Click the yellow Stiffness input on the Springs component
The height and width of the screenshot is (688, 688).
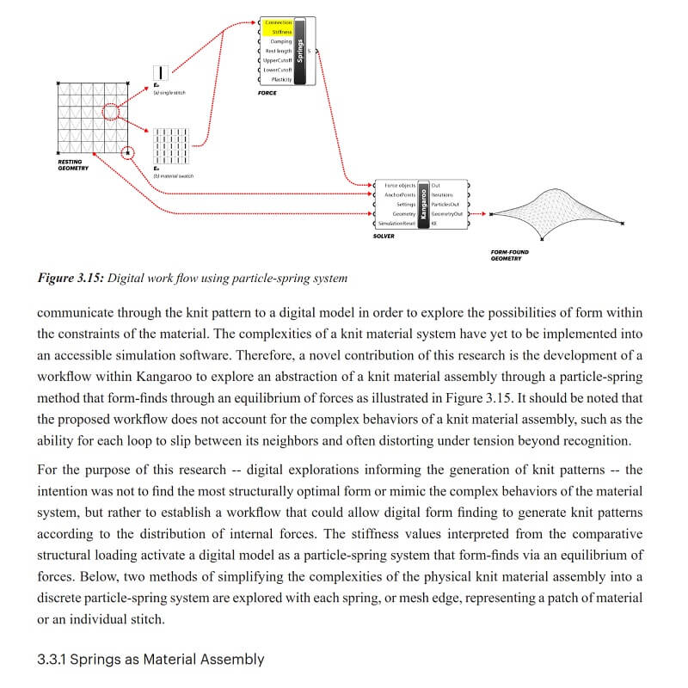[279, 32]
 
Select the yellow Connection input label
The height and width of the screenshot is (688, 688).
[278, 22]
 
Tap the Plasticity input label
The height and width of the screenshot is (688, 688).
[281, 79]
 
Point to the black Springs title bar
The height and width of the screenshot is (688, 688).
[300, 50]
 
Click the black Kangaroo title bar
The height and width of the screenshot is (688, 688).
[423, 204]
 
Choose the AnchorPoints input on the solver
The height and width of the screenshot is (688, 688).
[400, 194]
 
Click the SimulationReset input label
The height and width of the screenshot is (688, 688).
[397, 223]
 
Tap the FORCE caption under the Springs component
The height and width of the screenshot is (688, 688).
[267, 93]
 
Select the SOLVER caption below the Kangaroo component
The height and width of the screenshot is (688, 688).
[384, 236]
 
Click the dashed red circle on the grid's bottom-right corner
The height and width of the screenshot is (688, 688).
[129, 153]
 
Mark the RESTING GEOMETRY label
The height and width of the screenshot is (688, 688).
[72, 164]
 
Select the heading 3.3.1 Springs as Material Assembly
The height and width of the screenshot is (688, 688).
[150, 660]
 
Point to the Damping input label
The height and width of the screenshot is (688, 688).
[280, 41]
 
